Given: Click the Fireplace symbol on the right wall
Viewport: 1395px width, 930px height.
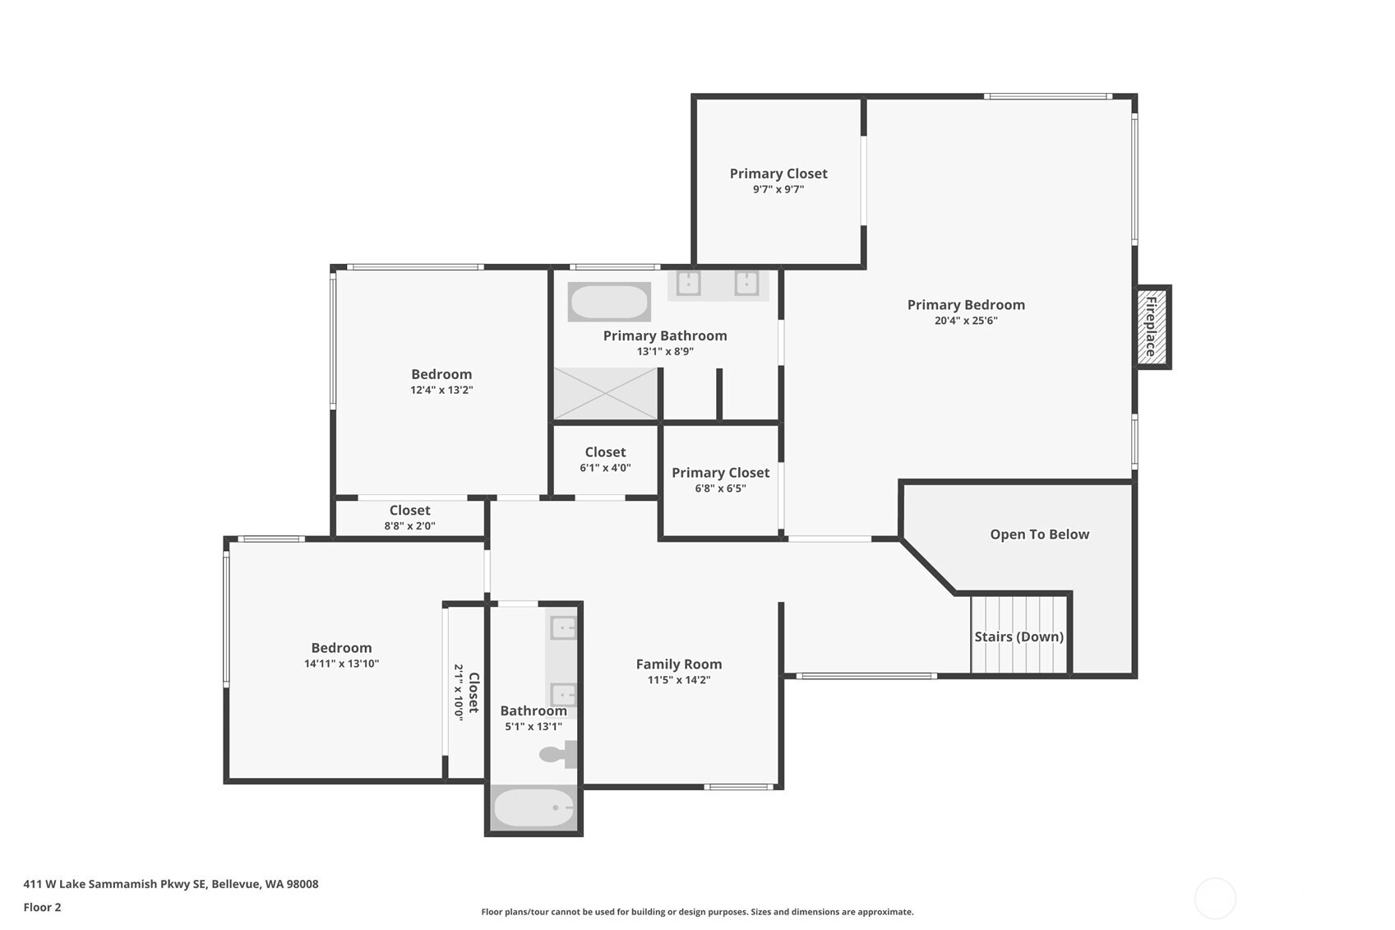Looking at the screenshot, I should tap(1152, 327).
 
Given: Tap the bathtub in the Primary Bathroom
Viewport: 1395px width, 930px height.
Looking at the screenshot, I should tap(609, 302).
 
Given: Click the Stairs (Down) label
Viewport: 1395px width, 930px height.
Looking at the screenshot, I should tap(1019, 636).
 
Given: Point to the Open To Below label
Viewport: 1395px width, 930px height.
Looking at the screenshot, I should tap(1039, 534).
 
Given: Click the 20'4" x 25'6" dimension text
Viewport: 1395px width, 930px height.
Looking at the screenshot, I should tap(966, 322).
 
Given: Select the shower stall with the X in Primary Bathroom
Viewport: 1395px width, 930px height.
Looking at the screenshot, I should tap(606, 394).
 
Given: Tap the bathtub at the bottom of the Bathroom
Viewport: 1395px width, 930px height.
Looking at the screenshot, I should tap(534, 808).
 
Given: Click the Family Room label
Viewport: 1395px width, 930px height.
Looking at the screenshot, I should tap(679, 664).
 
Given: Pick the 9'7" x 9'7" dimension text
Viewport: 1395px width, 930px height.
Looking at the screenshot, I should tap(778, 190).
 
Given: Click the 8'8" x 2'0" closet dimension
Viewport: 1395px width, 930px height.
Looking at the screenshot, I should tap(409, 526).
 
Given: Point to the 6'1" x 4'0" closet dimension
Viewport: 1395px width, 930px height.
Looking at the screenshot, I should tap(605, 468).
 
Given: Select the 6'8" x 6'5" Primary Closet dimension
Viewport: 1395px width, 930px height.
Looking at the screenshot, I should tap(720, 488).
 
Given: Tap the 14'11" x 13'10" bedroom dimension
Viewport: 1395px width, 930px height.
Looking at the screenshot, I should tap(341, 664).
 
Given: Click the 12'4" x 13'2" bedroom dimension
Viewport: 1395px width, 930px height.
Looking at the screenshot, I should tap(441, 391).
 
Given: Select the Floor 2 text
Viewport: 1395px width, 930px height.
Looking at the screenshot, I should tap(42, 908).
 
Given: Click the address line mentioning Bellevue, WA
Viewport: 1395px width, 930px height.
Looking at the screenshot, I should tap(171, 885).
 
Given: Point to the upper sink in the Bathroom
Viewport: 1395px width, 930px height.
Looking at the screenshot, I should tap(564, 629).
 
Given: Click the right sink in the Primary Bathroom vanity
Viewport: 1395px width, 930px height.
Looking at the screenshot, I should tap(746, 283).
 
